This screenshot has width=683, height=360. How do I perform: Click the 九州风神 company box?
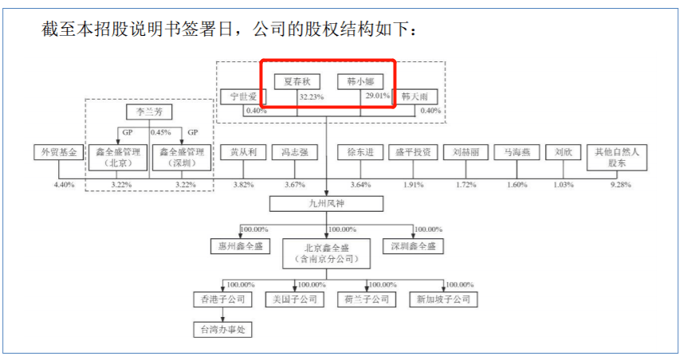[x=329, y=205]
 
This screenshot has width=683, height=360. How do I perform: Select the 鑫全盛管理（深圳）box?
[x=182, y=157]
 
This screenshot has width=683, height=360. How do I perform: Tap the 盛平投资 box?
[x=413, y=152]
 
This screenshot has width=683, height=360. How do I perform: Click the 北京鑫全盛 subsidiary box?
[x=328, y=252]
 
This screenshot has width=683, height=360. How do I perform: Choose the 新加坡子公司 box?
[x=442, y=299]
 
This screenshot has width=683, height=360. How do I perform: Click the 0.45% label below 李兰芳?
[x=161, y=132]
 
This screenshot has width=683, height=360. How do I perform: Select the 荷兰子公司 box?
[x=366, y=299]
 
